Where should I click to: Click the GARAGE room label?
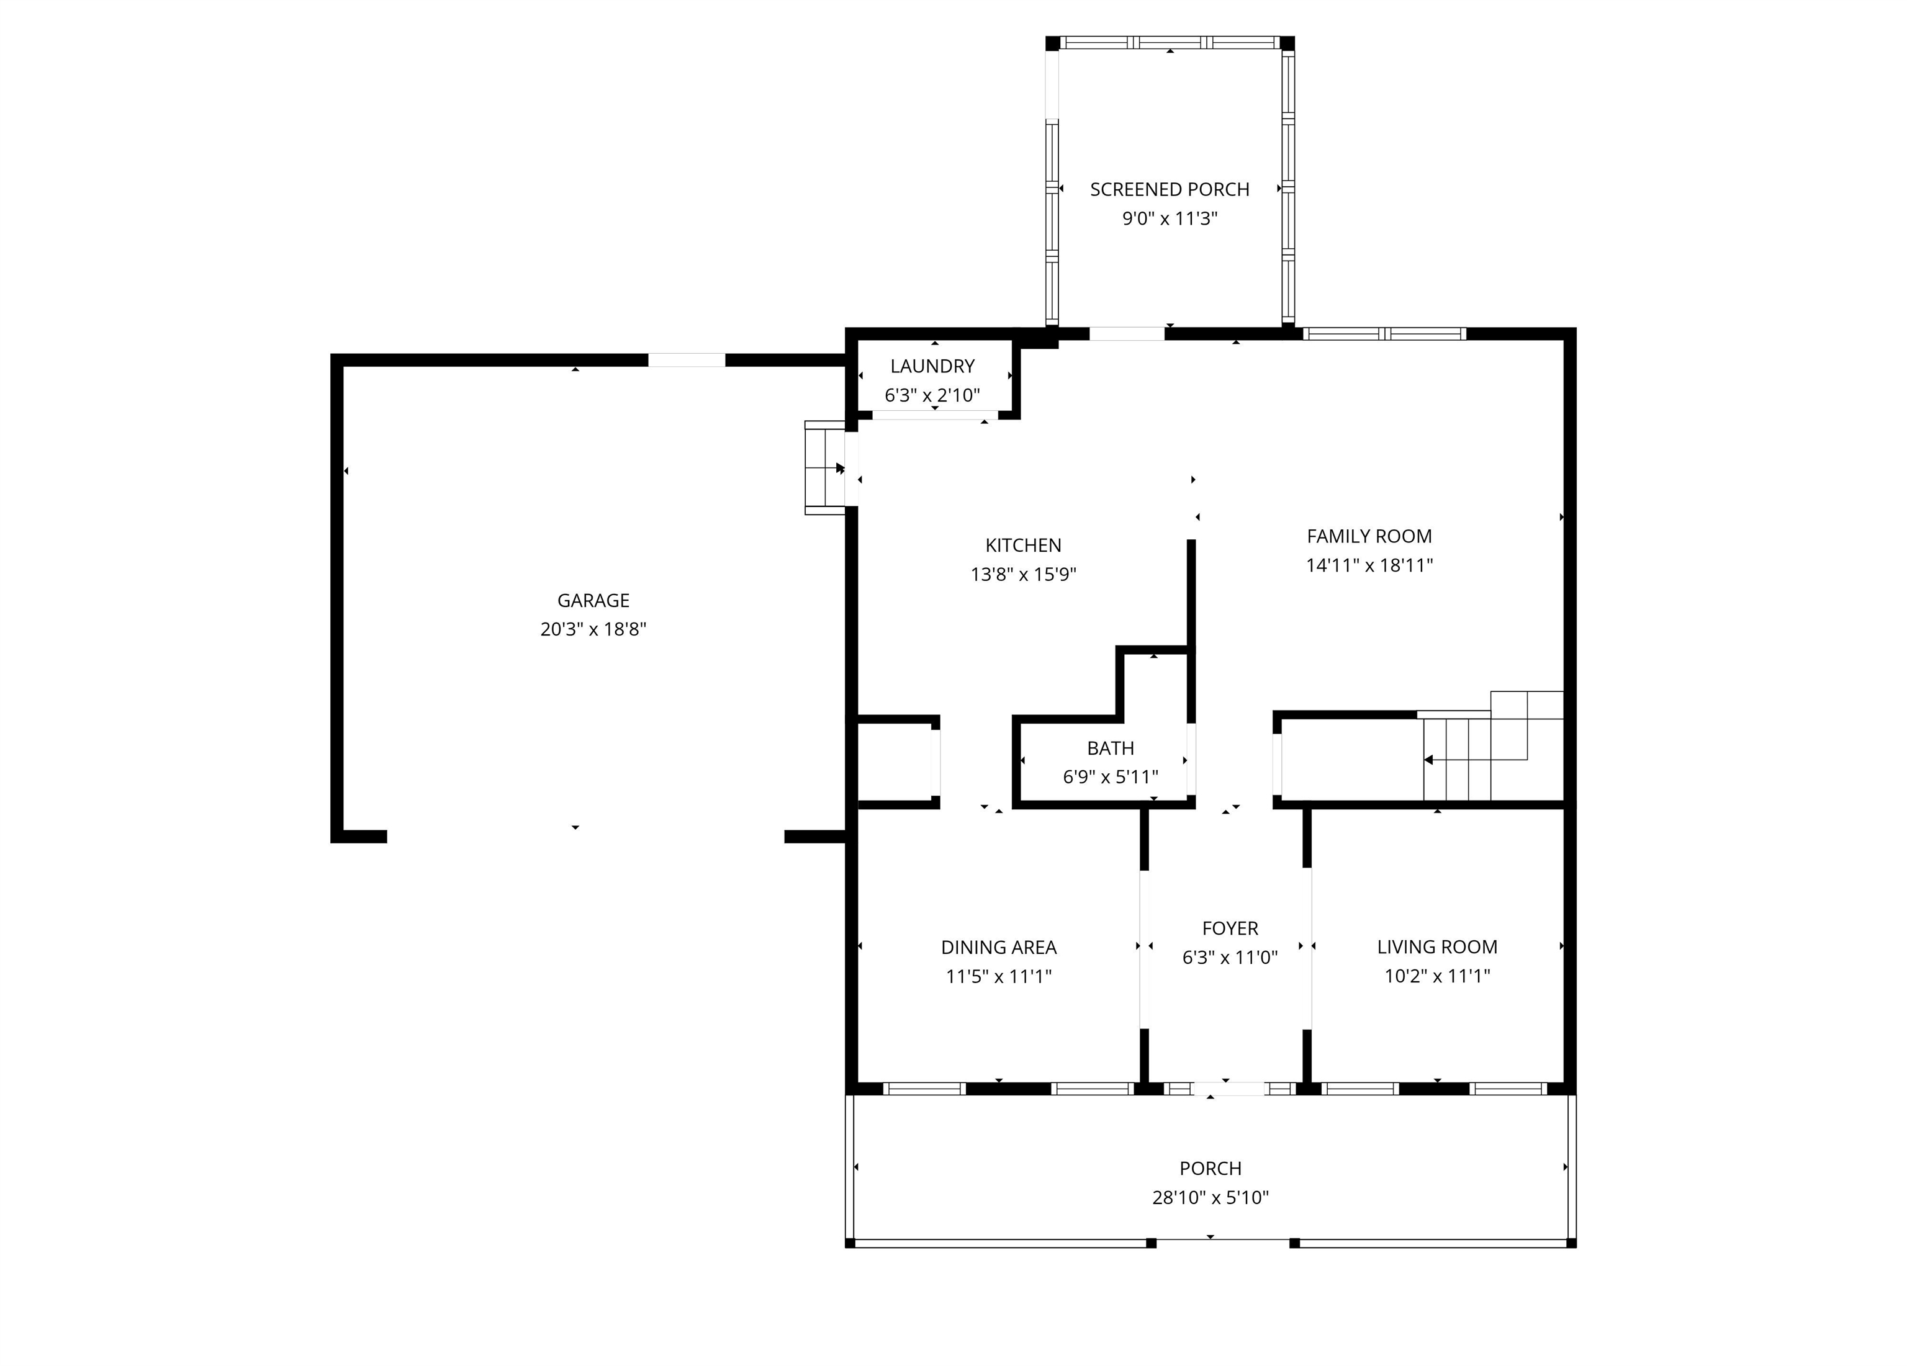click(593, 600)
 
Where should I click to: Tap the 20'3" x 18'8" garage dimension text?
click(593, 629)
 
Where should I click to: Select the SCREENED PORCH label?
click(1170, 190)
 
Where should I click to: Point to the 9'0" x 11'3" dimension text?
click(1170, 218)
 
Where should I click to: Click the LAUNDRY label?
click(932, 367)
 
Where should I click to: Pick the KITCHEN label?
click(1023, 546)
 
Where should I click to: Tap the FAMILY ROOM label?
click(1369, 536)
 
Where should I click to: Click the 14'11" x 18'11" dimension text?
click(1369, 565)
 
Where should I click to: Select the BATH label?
click(1110, 748)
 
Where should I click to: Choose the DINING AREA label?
click(998, 947)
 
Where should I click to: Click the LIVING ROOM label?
click(1437, 946)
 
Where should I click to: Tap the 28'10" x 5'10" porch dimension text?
click(1210, 1197)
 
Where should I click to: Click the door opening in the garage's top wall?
click(686, 361)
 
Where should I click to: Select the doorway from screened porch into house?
click(1127, 334)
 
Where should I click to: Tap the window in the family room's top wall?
click(1384, 334)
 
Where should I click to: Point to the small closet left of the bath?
click(895, 762)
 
